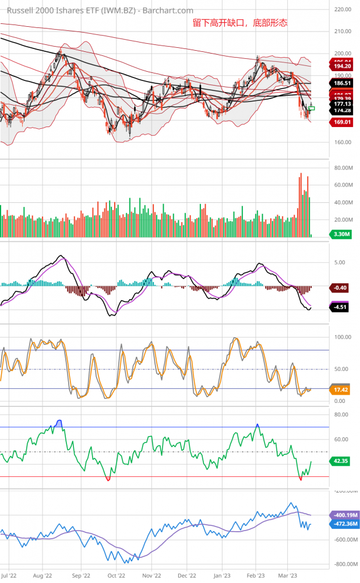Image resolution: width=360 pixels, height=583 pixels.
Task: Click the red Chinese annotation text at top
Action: click(x=240, y=23)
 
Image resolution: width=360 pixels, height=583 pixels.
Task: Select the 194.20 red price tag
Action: click(x=341, y=67)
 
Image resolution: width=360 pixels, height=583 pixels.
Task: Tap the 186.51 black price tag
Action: click(x=341, y=83)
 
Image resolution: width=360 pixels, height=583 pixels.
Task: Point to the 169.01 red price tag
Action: click(x=341, y=122)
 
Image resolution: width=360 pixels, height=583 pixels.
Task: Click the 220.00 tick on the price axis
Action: click(x=343, y=9)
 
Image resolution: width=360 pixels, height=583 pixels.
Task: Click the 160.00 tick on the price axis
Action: click(x=343, y=142)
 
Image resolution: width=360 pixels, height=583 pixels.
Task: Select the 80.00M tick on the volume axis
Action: click(x=343, y=168)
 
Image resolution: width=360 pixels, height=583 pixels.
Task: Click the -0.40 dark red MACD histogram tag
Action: click(x=340, y=287)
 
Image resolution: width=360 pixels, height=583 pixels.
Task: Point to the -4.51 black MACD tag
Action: click(x=340, y=307)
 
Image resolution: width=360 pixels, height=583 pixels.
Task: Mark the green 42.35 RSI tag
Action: click(x=340, y=461)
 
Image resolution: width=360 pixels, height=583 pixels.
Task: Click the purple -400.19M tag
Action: click(x=344, y=515)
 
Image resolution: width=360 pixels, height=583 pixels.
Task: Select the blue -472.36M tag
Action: click(x=344, y=524)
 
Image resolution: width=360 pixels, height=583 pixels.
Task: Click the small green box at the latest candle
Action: click(x=312, y=108)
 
